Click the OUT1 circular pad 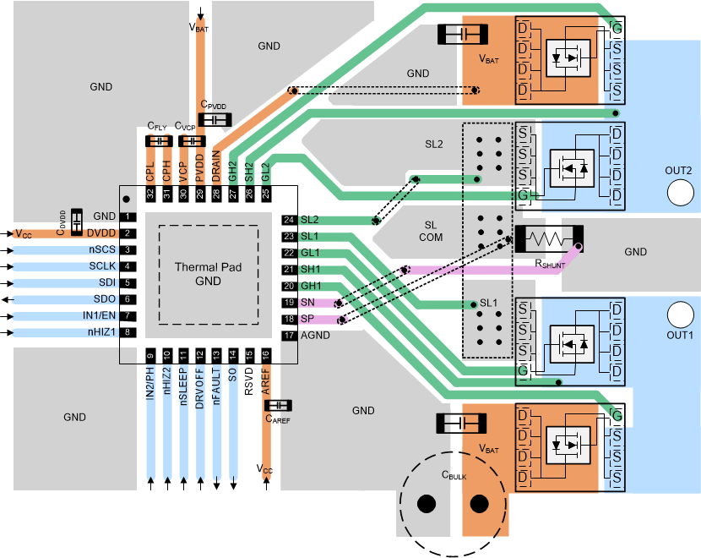pyautogui.click(x=678, y=315)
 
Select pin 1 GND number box pyautogui.click(x=127, y=217)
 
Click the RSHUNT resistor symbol pyautogui.click(x=548, y=238)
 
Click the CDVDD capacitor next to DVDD pyautogui.click(x=77, y=222)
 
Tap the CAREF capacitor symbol pyautogui.click(x=278, y=405)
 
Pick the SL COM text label pyautogui.click(x=432, y=230)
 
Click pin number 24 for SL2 pyautogui.click(x=289, y=220)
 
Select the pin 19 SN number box pyautogui.click(x=289, y=303)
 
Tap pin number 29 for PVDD pyautogui.click(x=200, y=194)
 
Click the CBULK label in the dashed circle pyautogui.click(x=454, y=474)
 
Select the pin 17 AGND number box pyautogui.click(x=289, y=336)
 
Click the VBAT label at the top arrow pyautogui.click(x=199, y=28)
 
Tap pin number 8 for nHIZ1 pyautogui.click(x=127, y=332)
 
